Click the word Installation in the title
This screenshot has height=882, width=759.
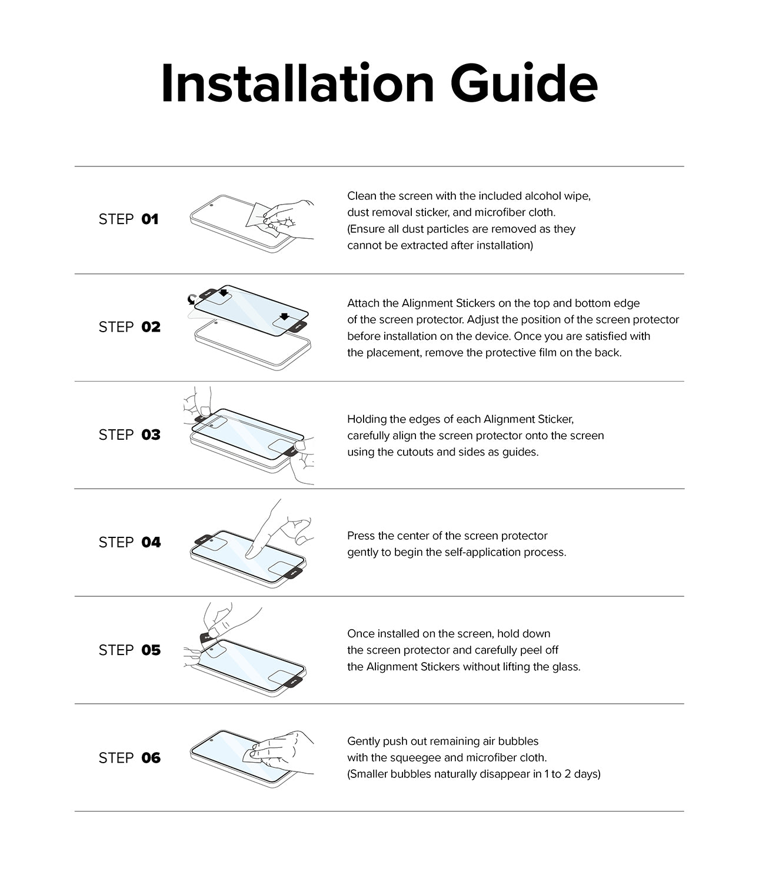point(298,83)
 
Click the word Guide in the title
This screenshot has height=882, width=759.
point(524,83)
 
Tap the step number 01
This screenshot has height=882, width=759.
point(150,219)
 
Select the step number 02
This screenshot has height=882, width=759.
point(151,327)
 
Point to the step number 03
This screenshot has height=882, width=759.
point(151,435)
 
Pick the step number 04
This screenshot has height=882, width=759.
point(151,542)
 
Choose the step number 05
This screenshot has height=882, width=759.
point(151,650)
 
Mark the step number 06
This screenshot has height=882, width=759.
point(151,758)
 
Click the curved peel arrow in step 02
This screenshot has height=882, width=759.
point(192,300)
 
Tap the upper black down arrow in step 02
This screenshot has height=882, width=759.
point(223,293)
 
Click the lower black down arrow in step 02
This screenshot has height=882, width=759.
point(284,316)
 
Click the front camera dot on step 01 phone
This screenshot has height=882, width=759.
point(211,205)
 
